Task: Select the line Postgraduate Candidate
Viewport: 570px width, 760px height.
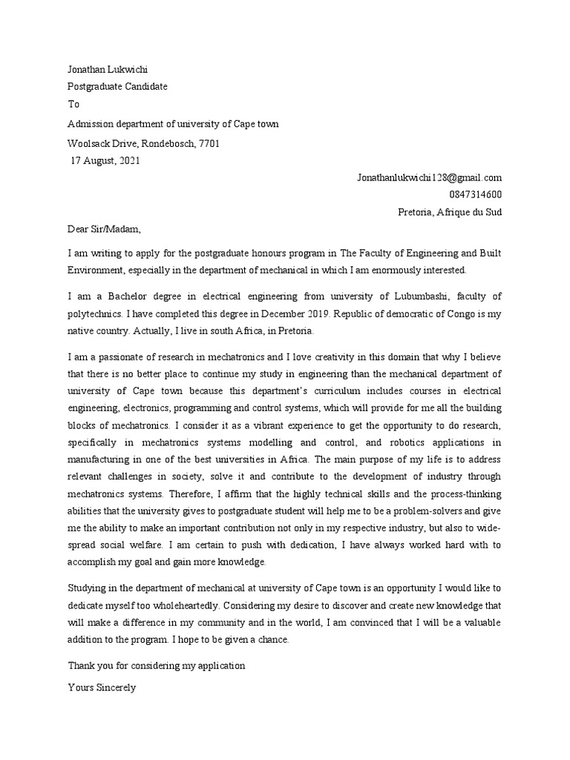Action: pyautogui.click(x=117, y=86)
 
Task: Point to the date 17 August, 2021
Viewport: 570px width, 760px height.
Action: pyautogui.click(x=105, y=160)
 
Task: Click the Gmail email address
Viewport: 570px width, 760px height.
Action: pyautogui.click(x=429, y=177)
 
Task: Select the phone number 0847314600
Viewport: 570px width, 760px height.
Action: pyautogui.click(x=475, y=194)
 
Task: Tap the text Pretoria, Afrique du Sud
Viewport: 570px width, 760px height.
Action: pyautogui.click(x=450, y=212)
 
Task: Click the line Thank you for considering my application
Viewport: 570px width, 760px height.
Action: pyautogui.click(x=156, y=666)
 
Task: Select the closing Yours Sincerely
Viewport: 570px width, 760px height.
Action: pyautogui.click(x=102, y=688)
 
